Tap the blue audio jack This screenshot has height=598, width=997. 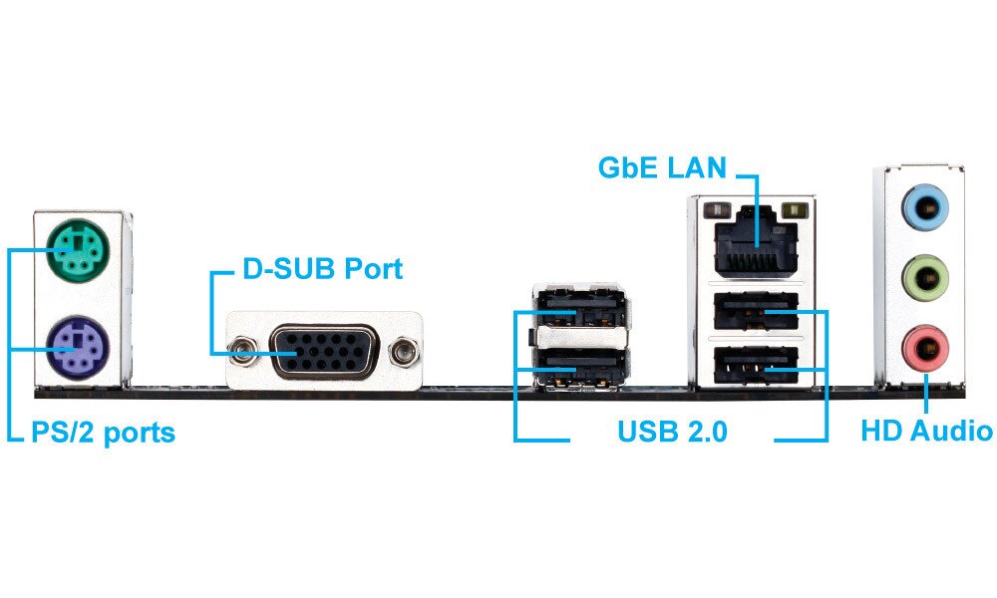pyautogui.click(x=924, y=210)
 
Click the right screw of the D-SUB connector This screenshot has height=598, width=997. pyautogui.click(x=403, y=352)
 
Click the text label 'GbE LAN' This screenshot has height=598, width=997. pyautogui.click(x=662, y=166)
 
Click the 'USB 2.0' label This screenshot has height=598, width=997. pyautogui.click(x=672, y=433)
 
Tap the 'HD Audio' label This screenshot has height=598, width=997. pyautogui.click(x=926, y=432)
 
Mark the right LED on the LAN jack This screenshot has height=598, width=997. pyautogui.click(x=795, y=210)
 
